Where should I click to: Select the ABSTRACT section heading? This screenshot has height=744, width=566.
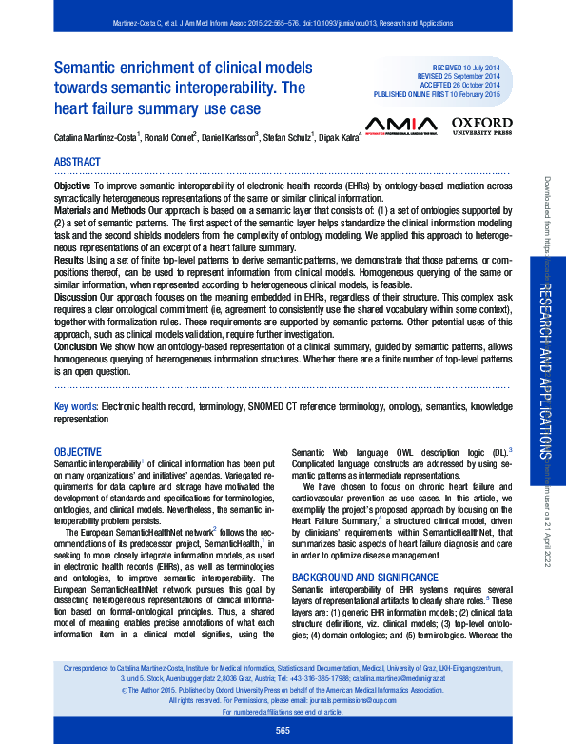[78, 162]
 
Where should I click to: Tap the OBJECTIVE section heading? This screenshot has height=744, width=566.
[78, 451]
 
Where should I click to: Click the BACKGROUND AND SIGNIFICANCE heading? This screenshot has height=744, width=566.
[365, 578]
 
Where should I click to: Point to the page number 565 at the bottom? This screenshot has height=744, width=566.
[283, 729]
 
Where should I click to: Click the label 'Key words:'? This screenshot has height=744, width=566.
[76, 406]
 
